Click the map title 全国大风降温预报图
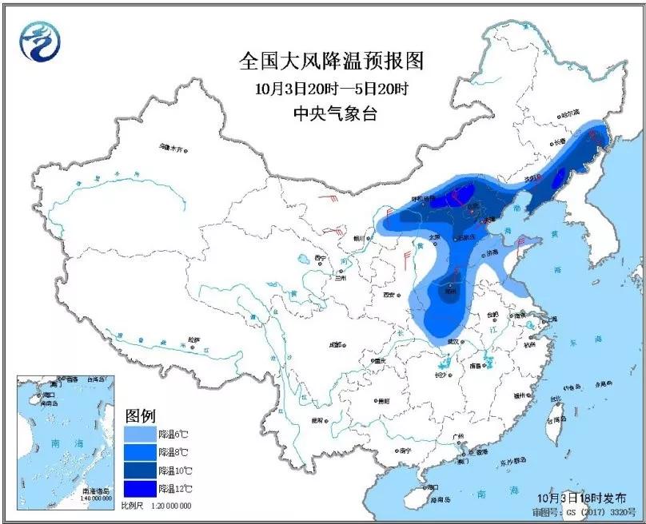pos(330,61)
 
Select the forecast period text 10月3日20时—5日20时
pos(330,88)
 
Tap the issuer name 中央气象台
pos(330,114)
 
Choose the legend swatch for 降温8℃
pos(140,452)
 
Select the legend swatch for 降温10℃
pos(140,470)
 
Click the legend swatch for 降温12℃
pos(140,488)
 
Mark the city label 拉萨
pos(193,339)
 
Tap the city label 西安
pos(389,295)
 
